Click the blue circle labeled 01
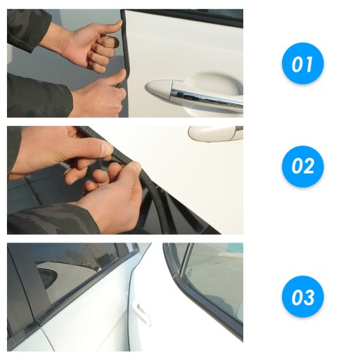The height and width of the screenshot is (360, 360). (x=302, y=63)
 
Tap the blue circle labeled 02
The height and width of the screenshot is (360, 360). (x=302, y=167)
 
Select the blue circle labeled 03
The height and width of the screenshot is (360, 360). (x=302, y=297)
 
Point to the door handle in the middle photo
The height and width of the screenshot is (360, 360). (x=216, y=134)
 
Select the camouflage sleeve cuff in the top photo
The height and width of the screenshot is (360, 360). (x=28, y=30)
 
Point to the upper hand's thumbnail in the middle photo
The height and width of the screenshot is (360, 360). (x=108, y=150)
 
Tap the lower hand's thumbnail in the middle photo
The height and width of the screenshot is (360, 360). (x=136, y=167)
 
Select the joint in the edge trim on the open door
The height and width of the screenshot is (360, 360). (x=174, y=279)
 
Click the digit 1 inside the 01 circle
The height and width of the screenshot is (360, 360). (x=308, y=65)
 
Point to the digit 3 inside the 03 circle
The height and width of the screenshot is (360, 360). (x=309, y=297)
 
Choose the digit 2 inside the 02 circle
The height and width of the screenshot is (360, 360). (x=308, y=166)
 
